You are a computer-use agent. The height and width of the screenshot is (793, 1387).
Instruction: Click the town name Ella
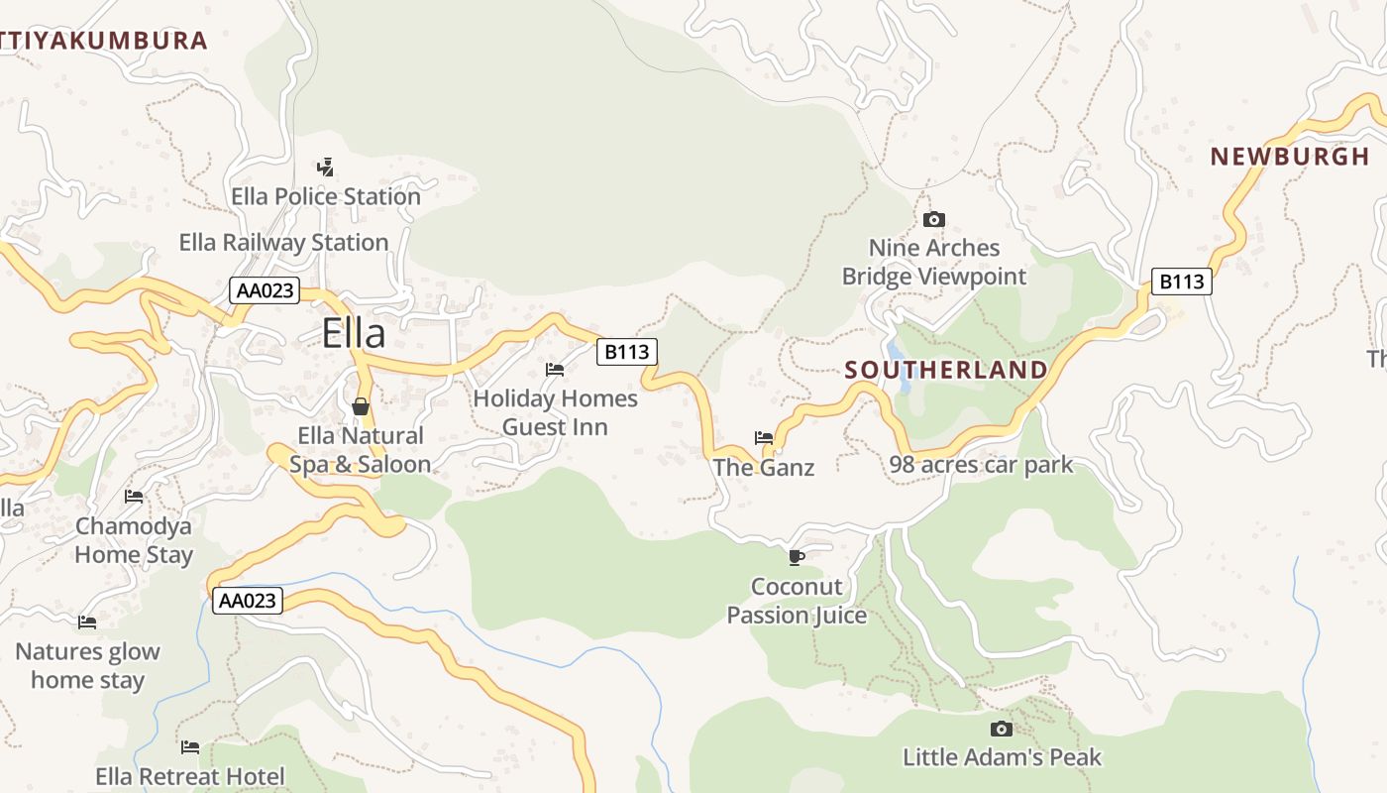[354, 333]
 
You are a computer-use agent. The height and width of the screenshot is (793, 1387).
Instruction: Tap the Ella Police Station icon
[325, 167]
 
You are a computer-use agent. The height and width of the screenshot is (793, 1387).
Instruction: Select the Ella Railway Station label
[283, 243]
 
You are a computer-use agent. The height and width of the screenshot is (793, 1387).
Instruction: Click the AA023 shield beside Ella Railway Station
[265, 290]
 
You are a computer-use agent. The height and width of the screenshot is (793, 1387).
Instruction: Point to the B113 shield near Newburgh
[1182, 282]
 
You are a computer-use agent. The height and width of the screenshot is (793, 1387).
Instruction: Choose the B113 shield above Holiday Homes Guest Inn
[626, 351]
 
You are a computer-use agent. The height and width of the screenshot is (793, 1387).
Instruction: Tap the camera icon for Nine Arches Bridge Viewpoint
[933, 219]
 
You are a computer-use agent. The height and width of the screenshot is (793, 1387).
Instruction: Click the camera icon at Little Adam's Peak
[1002, 729]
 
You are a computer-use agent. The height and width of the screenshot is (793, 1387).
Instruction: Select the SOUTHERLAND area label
[945, 371]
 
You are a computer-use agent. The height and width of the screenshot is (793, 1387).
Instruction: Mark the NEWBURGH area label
[1289, 157]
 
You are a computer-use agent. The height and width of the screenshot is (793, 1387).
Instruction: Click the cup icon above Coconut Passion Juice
[796, 557]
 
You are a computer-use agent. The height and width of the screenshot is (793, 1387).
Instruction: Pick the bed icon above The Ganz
[763, 437]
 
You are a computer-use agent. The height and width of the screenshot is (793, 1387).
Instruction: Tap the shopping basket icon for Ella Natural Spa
[361, 406]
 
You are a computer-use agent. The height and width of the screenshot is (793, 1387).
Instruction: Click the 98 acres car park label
[980, 464]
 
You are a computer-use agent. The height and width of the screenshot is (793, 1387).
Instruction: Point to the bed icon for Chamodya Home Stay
[134, 496]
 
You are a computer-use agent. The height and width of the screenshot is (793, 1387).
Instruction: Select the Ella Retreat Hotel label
[190, 776]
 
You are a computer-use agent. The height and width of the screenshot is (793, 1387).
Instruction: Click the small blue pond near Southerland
[897, 353]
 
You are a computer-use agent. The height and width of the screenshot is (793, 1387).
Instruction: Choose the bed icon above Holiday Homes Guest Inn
[555, 369]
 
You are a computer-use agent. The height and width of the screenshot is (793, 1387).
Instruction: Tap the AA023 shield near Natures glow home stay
[247, 601]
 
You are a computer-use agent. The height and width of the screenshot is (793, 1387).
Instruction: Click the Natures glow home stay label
[87, 666]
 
